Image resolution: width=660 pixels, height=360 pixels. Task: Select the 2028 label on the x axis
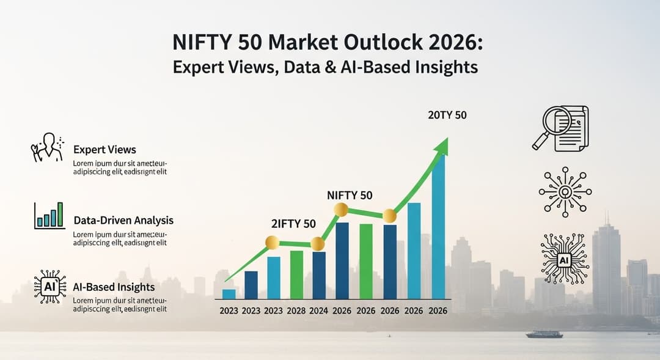[x=296, y=310]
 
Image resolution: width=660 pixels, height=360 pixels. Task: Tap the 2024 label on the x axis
[x=318, y=310]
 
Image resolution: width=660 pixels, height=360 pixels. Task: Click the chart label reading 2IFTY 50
[x=293, y=224]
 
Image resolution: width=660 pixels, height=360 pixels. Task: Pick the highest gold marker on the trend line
[x=341, y=210]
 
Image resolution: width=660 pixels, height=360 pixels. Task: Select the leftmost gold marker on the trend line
[x=272, y=243]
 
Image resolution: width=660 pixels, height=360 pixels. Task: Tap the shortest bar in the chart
[x=229, y=293]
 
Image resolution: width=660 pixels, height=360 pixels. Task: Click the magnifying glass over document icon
[x=560, y=128]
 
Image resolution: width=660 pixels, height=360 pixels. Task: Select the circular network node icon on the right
[x=565, y=192]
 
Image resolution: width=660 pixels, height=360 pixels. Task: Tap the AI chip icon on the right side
[x=565, y=260]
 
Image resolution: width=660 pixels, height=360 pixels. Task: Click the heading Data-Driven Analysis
[x=123, y=220]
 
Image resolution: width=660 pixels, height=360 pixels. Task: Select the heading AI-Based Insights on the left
[x=114, y=287]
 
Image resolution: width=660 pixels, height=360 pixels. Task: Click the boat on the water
[x=544, y=334]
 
